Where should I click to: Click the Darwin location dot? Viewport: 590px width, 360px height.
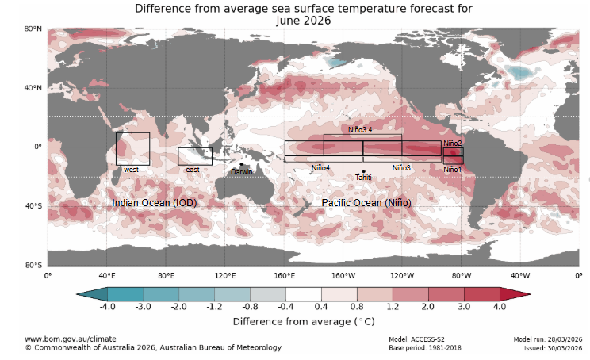241,165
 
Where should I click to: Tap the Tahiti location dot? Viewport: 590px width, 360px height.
363,171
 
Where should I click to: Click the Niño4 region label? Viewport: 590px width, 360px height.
320,168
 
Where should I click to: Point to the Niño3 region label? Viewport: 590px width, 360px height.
401,168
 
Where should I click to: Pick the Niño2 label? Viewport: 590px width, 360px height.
453,143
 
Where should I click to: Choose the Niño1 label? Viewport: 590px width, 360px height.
453,170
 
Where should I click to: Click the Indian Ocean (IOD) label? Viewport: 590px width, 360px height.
154,204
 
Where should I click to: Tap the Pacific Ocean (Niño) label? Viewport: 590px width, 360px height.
366,204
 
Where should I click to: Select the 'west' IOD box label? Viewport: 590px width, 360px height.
132,170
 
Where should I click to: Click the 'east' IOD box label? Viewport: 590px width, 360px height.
192,170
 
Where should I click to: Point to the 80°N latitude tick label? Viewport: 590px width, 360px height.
32,29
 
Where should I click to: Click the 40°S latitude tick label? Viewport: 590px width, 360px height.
32,206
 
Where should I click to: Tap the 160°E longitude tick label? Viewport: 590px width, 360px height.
285,276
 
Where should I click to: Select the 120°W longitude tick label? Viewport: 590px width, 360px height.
402,276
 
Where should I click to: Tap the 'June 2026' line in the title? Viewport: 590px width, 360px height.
304,20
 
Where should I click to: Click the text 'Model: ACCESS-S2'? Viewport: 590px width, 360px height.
417,339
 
